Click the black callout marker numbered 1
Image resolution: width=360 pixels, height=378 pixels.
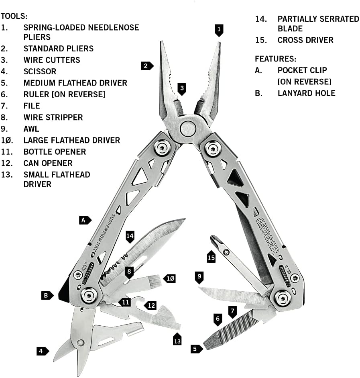219,30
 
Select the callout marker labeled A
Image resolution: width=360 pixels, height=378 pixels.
84,220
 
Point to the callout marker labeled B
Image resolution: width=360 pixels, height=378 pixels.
47,295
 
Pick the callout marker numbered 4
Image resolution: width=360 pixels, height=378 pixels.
41,351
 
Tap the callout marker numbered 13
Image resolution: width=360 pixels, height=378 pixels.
177,339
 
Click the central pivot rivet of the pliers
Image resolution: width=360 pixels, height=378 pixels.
188,129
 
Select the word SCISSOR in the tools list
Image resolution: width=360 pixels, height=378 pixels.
40,72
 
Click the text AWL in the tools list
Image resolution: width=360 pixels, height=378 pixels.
31,129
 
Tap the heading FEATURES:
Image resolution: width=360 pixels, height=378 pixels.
275,59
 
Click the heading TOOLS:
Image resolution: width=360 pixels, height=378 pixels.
14,16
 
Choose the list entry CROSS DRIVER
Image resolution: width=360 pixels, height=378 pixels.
305,40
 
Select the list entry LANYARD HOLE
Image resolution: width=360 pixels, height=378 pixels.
306,93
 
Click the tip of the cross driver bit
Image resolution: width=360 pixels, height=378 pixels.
213,239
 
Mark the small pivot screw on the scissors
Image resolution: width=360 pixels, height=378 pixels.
81,342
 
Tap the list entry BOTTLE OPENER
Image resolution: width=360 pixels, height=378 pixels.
55,152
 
